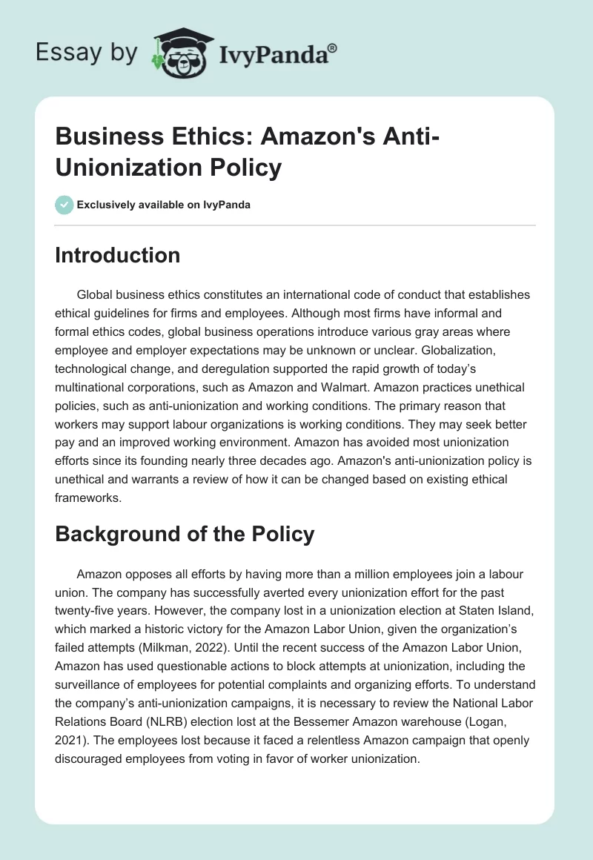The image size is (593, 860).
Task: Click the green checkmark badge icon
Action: [64, 205]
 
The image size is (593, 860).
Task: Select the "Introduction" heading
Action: [118, 255]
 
